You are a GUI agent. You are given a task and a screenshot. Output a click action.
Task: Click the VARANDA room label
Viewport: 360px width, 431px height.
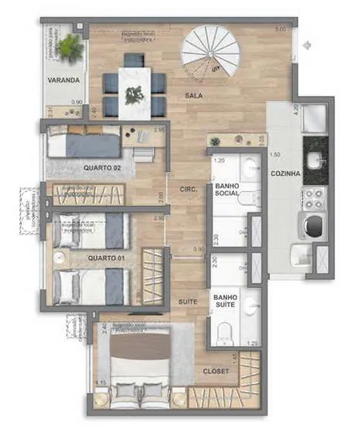63,81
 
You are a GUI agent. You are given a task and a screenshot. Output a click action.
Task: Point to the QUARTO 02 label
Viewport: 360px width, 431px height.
99,168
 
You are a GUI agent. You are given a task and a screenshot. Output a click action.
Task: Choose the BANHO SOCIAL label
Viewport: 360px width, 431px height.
228,189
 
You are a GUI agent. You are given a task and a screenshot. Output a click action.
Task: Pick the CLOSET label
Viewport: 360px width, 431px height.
215,371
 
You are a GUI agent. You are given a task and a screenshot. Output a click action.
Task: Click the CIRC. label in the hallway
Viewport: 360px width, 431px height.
188,189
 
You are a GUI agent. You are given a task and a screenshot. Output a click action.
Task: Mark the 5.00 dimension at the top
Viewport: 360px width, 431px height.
280,29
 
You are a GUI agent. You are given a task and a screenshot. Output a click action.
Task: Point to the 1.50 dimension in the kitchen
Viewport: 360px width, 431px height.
274,156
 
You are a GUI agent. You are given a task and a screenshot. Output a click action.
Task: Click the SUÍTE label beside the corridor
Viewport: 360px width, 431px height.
188,301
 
